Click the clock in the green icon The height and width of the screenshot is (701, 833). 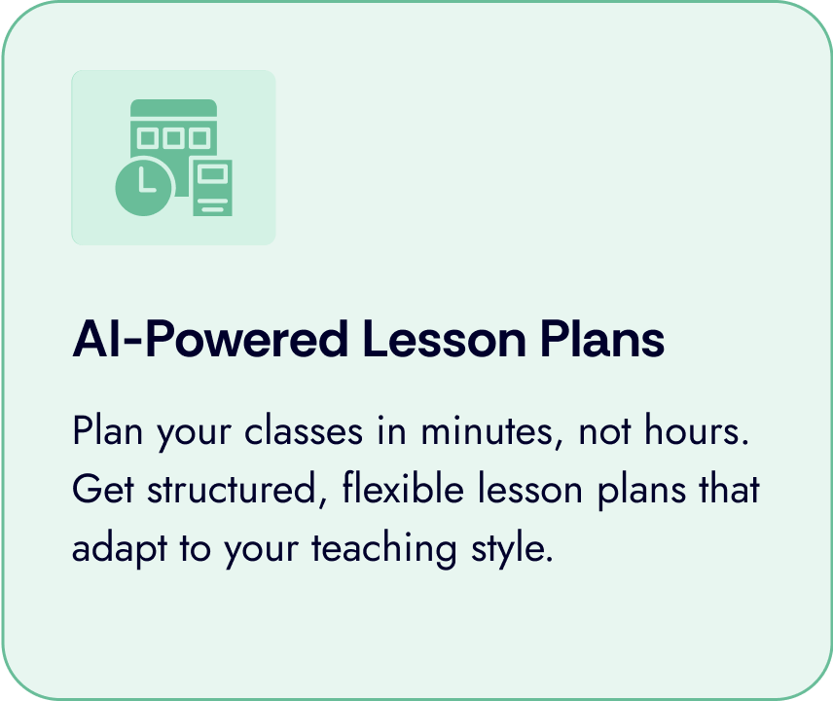(144, 184)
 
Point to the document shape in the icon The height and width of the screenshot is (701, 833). (212, 187)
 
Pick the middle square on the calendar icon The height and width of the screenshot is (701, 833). (173, 137)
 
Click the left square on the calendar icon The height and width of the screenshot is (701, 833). (150, 137)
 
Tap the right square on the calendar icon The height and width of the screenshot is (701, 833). (197, 137)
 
